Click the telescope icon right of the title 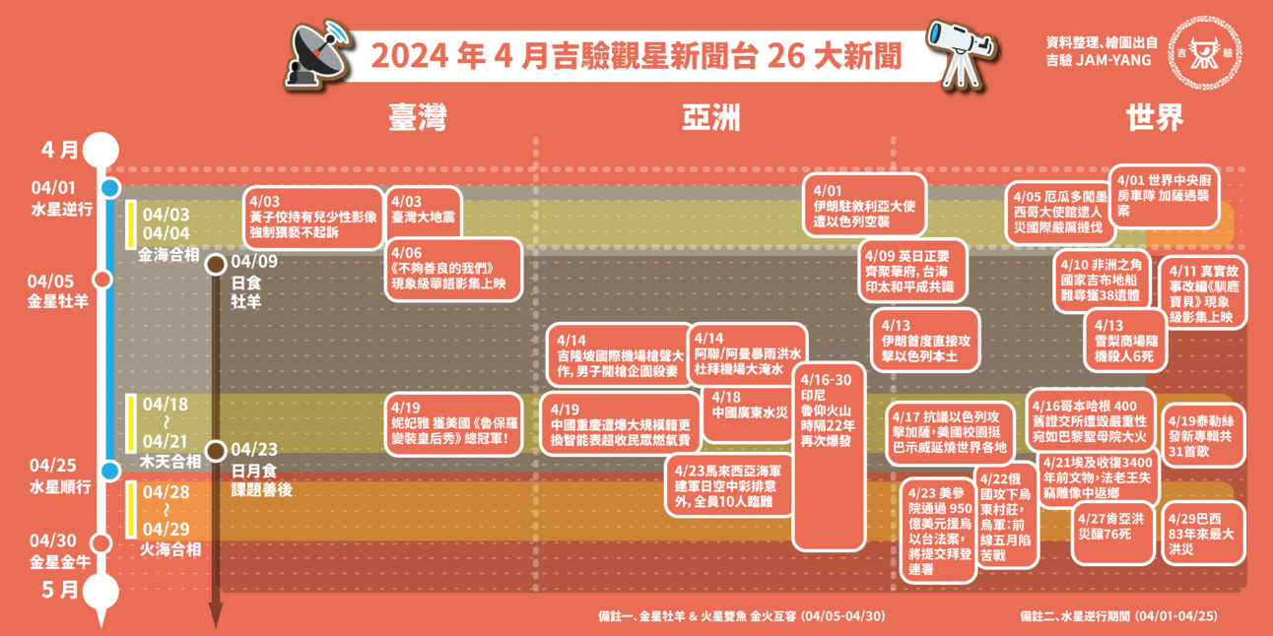coord(952,51)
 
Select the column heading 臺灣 coord(418,118)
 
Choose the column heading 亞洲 coord(711,118)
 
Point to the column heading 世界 coord(1155,118)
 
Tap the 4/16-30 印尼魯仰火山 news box coord(829,459)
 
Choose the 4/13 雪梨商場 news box coord(1123,341)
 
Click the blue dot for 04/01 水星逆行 coord(109,188)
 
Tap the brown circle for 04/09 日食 coord(215,264)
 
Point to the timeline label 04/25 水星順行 coord(61,476)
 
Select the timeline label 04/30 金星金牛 coord(60,550)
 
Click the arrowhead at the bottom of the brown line coord(215,619)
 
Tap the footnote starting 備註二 coord(1118,616)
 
